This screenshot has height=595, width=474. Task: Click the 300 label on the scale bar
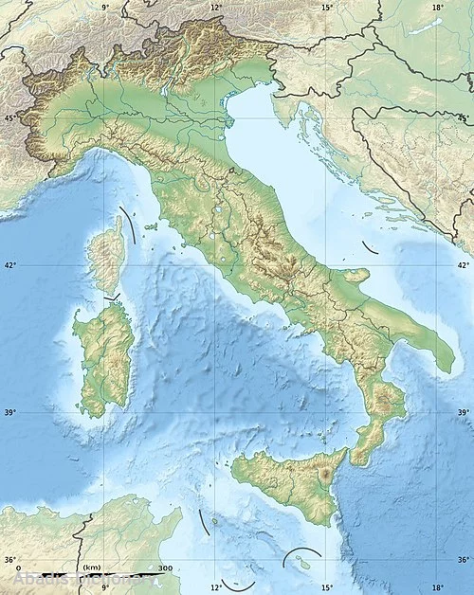tap(165, 568)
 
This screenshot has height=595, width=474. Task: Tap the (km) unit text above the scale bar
tap(92, 567)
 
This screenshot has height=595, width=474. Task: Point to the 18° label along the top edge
tap(438, 7)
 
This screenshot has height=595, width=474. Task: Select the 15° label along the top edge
tap(327, 7)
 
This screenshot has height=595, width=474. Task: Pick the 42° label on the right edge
tap(464, 264)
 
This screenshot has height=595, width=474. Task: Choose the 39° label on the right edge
tap(464, 412)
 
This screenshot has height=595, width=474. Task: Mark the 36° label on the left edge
tap(9, 560)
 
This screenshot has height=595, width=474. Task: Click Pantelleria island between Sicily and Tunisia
tap(215, 521)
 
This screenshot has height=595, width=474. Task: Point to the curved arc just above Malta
tap(301, 551)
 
